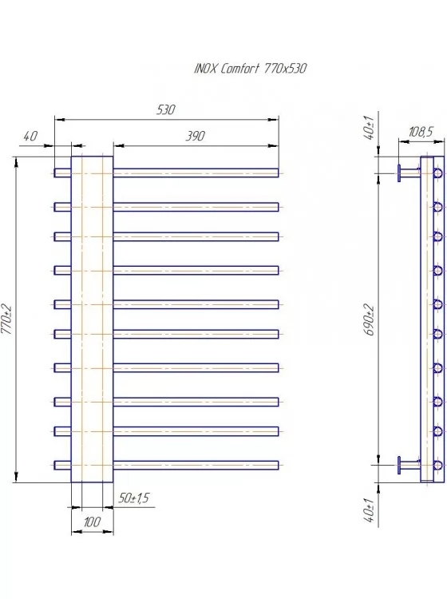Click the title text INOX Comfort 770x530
251,69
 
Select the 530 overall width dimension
166,110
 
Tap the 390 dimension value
196,136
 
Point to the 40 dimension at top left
30,136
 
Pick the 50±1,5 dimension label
133,498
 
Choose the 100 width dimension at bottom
92,522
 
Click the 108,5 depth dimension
421,132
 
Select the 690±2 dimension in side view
369,319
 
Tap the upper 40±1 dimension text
369,127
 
